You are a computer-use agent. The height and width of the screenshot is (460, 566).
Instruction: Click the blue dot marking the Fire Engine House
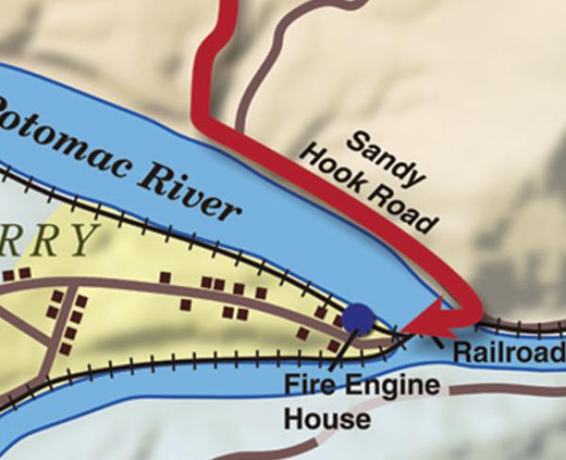click(358, 318)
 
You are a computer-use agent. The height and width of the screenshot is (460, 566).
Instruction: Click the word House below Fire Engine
click(326, 417)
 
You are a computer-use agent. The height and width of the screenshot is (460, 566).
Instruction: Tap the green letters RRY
click(47, 240)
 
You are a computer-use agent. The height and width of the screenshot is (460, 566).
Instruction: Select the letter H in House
click(293, 417)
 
